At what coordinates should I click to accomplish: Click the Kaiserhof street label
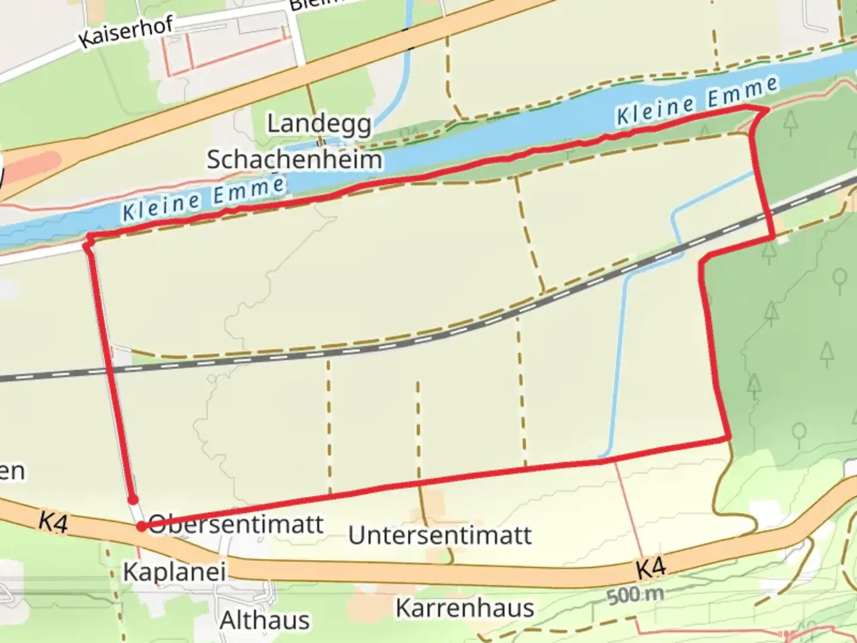[126, 32]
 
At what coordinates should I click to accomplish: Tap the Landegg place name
[320, 124]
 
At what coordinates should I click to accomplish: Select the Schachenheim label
[295, 160]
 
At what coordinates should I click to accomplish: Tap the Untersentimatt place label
[440, 535]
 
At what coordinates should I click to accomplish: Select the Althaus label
[265, 620]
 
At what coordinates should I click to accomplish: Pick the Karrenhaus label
[465, 608]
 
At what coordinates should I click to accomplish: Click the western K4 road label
[54, 522]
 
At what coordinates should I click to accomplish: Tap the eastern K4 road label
[650, 569]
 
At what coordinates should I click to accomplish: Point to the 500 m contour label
[636, 594]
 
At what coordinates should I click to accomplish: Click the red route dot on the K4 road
[142, 526]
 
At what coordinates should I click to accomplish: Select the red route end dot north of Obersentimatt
[133, 500]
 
